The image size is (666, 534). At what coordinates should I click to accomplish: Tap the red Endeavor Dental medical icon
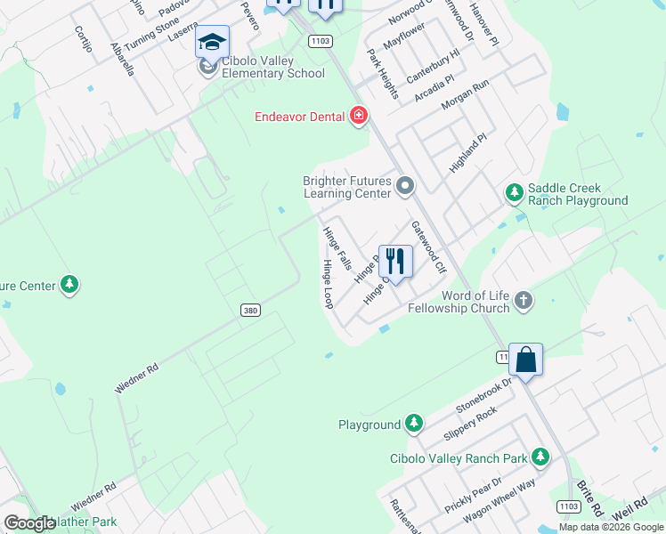click(x=358, y=116)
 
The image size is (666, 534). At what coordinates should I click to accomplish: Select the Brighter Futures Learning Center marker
click(x=405, y=186)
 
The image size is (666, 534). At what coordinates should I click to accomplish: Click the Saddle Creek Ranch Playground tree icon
click(x=514, y=192)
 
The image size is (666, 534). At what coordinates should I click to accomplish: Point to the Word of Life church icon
click(x=524, y=301)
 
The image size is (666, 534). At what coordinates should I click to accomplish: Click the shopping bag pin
click(x=525, y=360)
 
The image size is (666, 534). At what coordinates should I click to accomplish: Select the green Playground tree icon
click(x=413, y=425)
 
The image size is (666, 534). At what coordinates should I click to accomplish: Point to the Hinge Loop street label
click(x=328, y=285)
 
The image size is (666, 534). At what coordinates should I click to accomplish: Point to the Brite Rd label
click(x=589, y=498)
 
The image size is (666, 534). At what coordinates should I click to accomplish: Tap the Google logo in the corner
click(x=29, y=523)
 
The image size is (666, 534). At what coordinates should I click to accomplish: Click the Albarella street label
click(x=121, y=59)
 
